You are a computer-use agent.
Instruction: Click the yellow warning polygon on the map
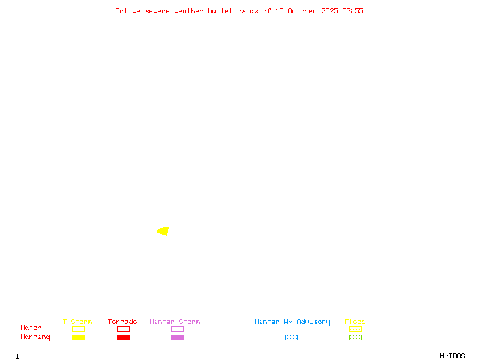(x=163, y=231)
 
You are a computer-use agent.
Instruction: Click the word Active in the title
(x=128, y=11)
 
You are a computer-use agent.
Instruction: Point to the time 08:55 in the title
(x=353, y=11)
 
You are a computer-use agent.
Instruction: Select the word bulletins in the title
(x=227, y=11)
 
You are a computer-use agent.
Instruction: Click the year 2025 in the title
(x=329, y=11)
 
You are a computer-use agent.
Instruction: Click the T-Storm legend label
(x=77, y=322)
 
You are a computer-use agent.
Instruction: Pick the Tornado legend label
(x=122, y=322)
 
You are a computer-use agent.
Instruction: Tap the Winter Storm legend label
(x=175, y=322)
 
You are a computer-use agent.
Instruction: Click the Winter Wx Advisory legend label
(x=292, y=322)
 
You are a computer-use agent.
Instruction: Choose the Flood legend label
(x=355, y=322)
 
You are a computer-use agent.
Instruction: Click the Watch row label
(x=31, y=328)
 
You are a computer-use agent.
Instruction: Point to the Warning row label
(x=35, y=337)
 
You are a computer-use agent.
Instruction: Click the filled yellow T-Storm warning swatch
(x=78, y=338)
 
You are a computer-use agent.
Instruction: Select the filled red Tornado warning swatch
(x=123, y=338)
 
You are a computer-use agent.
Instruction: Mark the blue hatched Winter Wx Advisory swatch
(x=291, y=338)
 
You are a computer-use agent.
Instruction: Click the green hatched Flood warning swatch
(x=355, y=338)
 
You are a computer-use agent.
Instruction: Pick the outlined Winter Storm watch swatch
(x=177, y=329)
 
